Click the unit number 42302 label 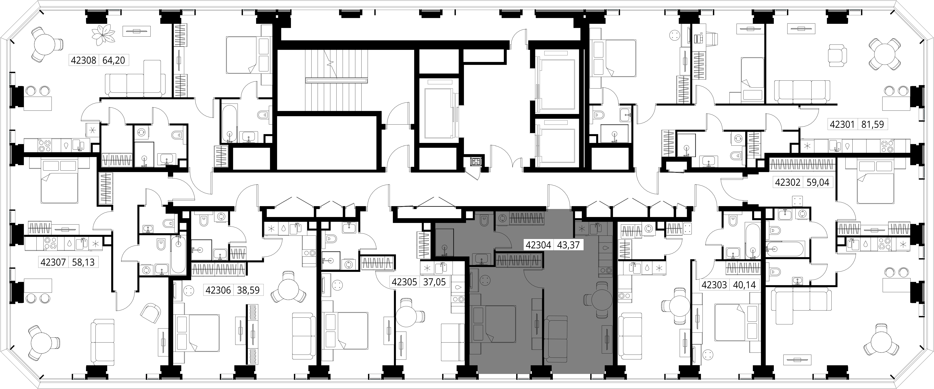pos(787,182)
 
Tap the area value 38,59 pos(248,290)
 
